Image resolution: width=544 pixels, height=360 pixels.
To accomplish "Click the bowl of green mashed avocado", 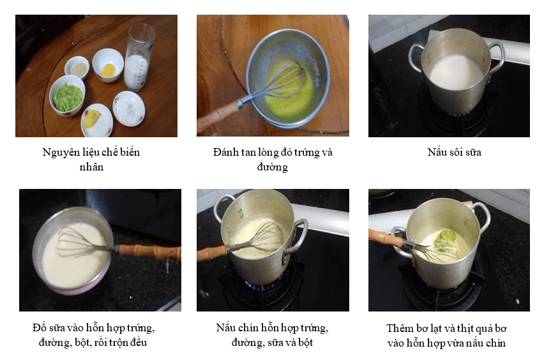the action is point(67,95).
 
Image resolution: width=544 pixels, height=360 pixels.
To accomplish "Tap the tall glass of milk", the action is point(139,57).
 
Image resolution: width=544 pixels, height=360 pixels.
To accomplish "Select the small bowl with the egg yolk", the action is point(108,65).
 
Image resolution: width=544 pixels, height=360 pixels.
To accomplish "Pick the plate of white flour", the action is point(129,109).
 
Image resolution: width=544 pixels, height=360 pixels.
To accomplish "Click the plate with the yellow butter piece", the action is point(97,119).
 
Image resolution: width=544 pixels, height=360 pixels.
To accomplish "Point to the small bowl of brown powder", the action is point(77,68).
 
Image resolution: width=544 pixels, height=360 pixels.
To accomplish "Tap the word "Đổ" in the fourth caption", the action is point(39,327).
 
